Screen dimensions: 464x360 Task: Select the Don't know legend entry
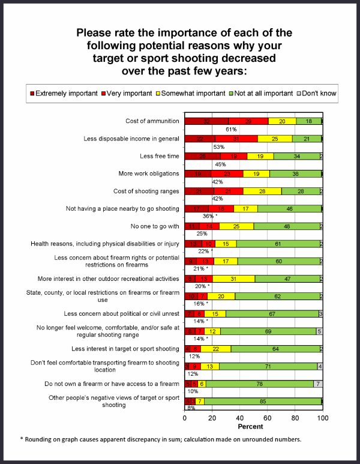(x=318, y=93)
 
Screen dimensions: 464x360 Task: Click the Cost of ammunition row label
(x=152, y=121)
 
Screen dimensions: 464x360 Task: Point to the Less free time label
(x=159, y=156)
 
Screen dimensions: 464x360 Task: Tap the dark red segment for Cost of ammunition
(x=206, y=121)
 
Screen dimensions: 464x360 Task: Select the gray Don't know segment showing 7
(x=318, y=384)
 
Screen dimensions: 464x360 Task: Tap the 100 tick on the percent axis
(x=323, y=417)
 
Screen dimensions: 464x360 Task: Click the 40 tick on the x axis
(x=240, y=417)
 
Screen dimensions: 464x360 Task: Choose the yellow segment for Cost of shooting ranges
(x=262, y=191)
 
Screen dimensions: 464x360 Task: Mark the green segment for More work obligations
(x=295, y=173)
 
